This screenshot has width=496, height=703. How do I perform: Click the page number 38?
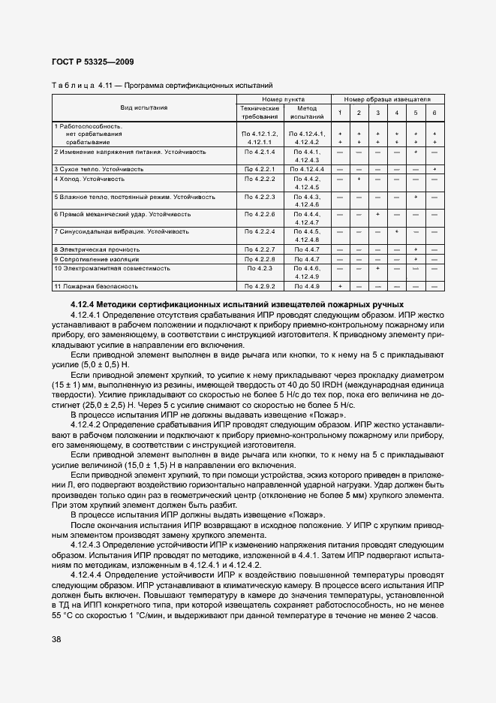[x=57, y=639]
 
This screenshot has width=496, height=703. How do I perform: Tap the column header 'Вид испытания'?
[x=144, y=107]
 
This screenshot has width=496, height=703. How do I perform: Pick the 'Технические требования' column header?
[x=260, y=112]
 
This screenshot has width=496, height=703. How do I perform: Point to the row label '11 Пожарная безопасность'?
[x=96, y=286]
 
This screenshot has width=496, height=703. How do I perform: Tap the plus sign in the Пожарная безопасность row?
[x=340, y=286]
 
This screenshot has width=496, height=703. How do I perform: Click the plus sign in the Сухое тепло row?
[x=434, y=169]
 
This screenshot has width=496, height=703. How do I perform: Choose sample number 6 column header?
[x=434, y=113]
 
